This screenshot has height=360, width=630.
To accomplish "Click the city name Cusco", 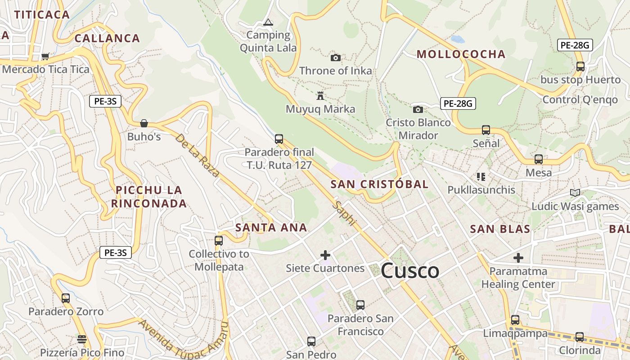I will (x=409, y=271).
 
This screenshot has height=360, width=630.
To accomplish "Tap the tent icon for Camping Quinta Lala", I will (x=268, y=22).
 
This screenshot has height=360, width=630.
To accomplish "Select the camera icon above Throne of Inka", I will (x=336, y=58).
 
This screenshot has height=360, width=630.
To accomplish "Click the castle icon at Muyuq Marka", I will (x=320, y=96).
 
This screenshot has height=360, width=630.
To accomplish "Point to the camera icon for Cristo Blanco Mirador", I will (x=418, y=109).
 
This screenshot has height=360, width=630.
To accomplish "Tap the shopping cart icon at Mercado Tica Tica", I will (x=45, y=57).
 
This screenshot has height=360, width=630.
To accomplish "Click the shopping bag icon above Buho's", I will (x=144, y=123).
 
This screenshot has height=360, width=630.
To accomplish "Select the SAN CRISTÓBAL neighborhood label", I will (x=379, y=184).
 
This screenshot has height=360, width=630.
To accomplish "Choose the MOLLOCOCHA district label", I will (x=461, y=54).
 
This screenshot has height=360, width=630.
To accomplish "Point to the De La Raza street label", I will (x=198, y=155).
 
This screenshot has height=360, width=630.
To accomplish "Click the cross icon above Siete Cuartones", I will (x=325, y=255).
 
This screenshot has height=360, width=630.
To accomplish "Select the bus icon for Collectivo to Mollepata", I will (x=219, y=241).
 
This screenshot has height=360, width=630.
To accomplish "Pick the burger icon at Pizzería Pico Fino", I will (x=81, y=339).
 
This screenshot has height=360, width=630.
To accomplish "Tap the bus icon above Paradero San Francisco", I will (x=360, y=305).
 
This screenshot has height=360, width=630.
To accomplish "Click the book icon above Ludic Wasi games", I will (x=575, y=193).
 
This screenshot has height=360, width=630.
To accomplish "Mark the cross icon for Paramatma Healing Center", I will (x=518, y=258).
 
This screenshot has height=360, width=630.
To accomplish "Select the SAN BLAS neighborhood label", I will (x=500, y=229).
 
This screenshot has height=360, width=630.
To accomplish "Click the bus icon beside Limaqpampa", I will (x=515, y=320).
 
